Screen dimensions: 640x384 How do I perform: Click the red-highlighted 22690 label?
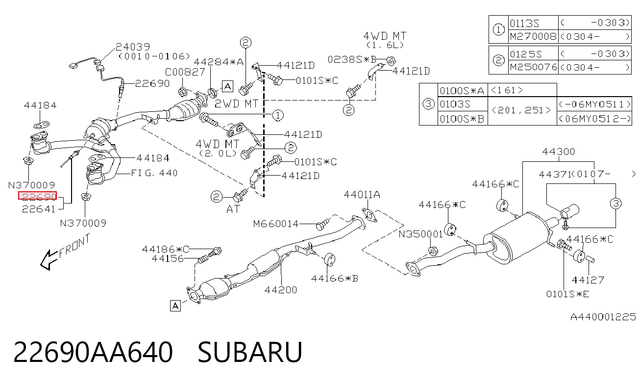pyautogui.click(x=37, y=196)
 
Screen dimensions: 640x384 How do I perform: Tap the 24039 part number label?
pyautogui.click(x=133, y=47)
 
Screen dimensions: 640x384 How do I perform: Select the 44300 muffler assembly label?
pyautogui.click(x=559, y=152)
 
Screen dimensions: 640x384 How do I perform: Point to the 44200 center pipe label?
pyautogui.click(x=281, y=290)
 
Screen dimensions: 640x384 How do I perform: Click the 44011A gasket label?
pyautogui.click(x=362, y=195)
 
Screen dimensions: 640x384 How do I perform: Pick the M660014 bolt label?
pyautogui.click(x=276, y=224)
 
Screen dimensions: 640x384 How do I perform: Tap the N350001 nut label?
pyautogui.click(x=420, y=234)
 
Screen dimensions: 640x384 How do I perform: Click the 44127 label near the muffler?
pyautogui.click(x=588, y=280)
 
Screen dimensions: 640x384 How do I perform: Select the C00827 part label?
pyautogui.click(x=185, y=72)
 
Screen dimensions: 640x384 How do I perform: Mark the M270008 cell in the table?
pyautogui.click(x=533, y=37)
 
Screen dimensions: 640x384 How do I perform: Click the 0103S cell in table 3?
pyautogui.click(x=463, y=104)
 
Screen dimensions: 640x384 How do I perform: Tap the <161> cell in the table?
pyautogui.click(x=507, y=90)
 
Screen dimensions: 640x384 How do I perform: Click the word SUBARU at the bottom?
pyautogui.click(x=250, y=352)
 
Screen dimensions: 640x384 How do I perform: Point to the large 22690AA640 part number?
pyautogui.click(x=93, y=352)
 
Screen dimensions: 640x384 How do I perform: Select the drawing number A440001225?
pyautogui.click(x=603, y=317)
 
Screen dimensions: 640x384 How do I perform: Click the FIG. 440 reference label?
pyautogui.click(x=154, y=173)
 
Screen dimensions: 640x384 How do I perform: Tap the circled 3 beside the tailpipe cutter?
pyautogui.click(x=615, y=204)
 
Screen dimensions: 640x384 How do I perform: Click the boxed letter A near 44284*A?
pyautogui.click(x=227, y=86)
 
